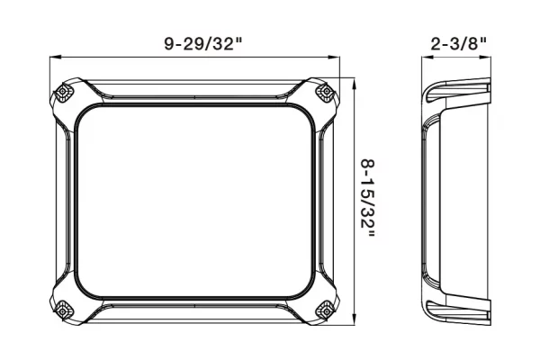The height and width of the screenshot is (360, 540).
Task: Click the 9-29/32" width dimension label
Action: [x=203, y=44]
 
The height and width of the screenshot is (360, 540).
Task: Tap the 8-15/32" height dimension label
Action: [x=367, y=198]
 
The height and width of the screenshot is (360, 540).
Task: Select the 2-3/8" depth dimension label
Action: [x=459, y=44]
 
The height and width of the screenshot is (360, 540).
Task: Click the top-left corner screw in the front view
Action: [x=63, y=92]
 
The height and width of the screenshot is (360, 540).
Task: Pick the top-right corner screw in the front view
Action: [x=326, y=92]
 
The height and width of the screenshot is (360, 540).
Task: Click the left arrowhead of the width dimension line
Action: [x=56, y=58]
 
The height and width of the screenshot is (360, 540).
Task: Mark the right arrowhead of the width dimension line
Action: [x=334, y=58]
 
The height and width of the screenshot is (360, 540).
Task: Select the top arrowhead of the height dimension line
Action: [x=355, y=84]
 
